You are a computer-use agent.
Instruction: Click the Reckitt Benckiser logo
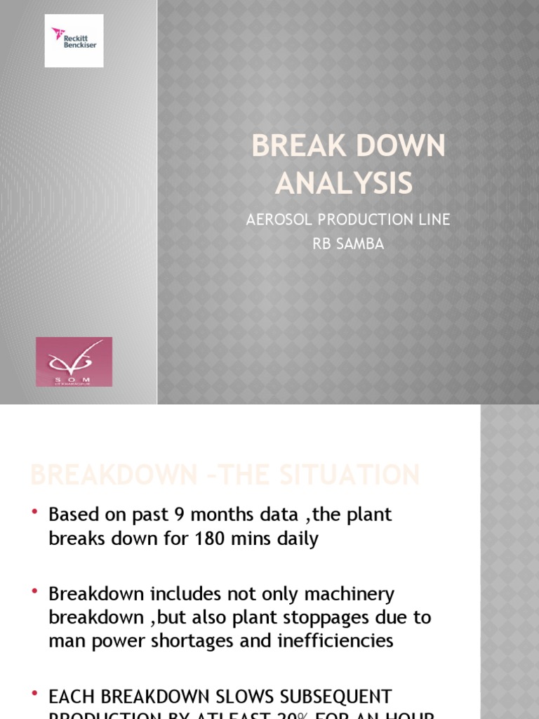tap(74, 40)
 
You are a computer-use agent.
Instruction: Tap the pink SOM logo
tap(74, 362)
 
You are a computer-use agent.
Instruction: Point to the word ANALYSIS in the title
tap(344, 183)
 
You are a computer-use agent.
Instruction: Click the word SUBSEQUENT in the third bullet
tap(322, 697)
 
